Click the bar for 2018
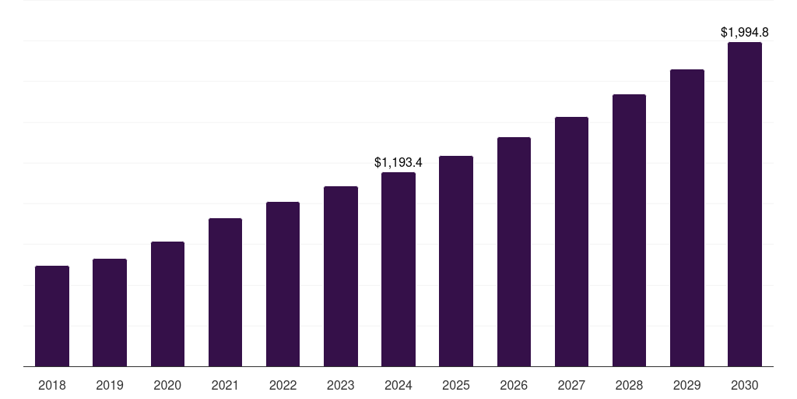click(52, 316)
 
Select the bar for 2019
click(110, 312)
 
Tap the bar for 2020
click(167, 304)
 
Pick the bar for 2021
click(225, 292)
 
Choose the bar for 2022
click(283, 284)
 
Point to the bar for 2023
click(341, 277)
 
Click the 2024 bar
click(398, 270)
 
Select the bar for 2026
click(514, 252)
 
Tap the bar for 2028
click(629, 231)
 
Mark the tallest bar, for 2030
click(745, 204)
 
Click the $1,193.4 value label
click(398, 163)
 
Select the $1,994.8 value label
click(745, 33)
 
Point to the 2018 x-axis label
click(52, 386)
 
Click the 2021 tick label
click(225, 386)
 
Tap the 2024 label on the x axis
click(398, 386)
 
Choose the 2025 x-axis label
click(456, 386)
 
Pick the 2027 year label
click(571, 386)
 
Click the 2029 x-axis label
click(687, 386)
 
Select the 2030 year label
click(745, 386)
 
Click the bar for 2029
click(687, 218)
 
